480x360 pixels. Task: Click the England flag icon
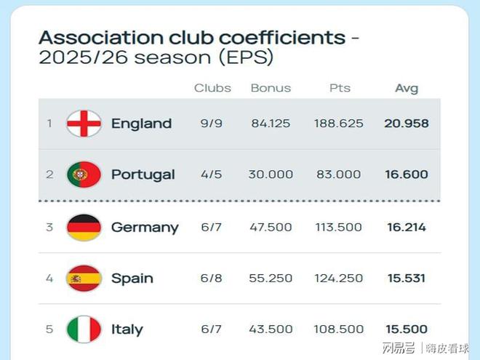[x=84, y=124]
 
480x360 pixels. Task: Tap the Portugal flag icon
[x=84, y=175]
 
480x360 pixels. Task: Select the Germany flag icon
[x=84, y=227]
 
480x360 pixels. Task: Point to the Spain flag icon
[x=84, y=278]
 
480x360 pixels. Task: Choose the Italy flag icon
[x=84, y=329]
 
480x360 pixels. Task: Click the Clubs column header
[x=212, y=88]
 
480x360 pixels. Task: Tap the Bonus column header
[x=271, y=88]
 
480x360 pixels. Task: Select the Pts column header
[x=340, y=88]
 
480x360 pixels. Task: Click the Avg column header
[x=407, y=88]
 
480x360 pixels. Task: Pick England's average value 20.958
[x=407, y=124]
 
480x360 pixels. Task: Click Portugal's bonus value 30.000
[x=271, y=175]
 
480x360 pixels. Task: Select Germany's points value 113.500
[x=338, y=227]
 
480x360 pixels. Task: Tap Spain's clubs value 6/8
[x=212, y=278]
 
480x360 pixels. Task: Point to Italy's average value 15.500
[x=407, y=329]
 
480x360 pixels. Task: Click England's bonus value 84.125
[x=271, y=124]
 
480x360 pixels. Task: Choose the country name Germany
[x=145, y=228]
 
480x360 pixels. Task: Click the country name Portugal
[x=143, y=175]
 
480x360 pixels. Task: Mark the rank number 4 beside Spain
[x=49, y=278]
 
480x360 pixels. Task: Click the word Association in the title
[x=90, y=37]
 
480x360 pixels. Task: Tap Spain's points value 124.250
[x=338, y=278]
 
